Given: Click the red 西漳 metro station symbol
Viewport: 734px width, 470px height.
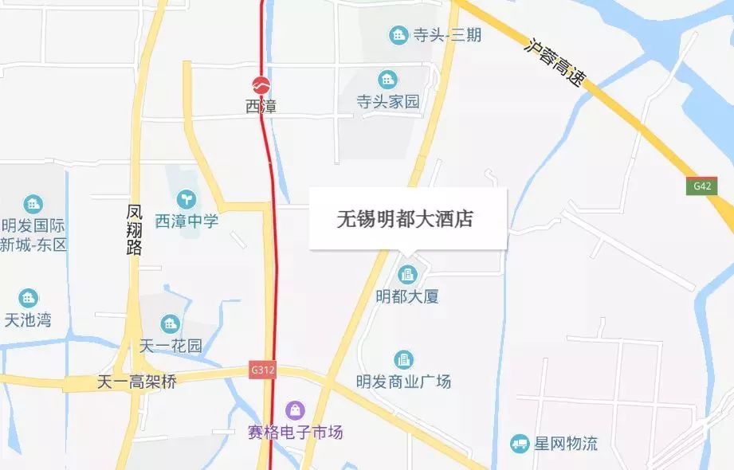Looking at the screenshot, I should pyautogui.click(x=261, y=84).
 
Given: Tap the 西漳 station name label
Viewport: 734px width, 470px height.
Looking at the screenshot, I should pyautogui.click(x=261, y=106).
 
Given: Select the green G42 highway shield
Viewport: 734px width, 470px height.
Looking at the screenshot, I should pyautogui.click(x=701, y=186).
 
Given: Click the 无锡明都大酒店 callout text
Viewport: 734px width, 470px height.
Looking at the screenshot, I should pyautogui.click(x=407, y=217).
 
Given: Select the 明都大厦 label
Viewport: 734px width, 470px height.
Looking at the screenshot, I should pyautogui.click(x=407, y=296).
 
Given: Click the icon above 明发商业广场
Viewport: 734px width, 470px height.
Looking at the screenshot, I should pyautogui.click(x=404, y=360).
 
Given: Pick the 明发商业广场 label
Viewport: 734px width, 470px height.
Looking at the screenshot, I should pyautogui.click(x=404, y=381).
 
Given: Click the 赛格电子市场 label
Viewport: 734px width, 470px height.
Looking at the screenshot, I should pyautogui.click(x=296, y=433).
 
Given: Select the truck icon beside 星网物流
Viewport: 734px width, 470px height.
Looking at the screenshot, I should pyautogui.click(x=520, y=443).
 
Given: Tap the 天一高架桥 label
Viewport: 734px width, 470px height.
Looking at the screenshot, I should pyautogui.click(x=136, y=382).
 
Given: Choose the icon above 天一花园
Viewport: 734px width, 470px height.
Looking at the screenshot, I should pyautogui.click(x=170, y=323).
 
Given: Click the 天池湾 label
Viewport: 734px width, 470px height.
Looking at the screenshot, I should pyautogui.click(x=28, y=320).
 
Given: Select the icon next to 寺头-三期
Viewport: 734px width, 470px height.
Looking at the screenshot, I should pyautogui.click(x=397, y=35).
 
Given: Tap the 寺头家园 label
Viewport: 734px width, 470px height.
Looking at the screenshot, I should pyautogui.click(x=387, y=102).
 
